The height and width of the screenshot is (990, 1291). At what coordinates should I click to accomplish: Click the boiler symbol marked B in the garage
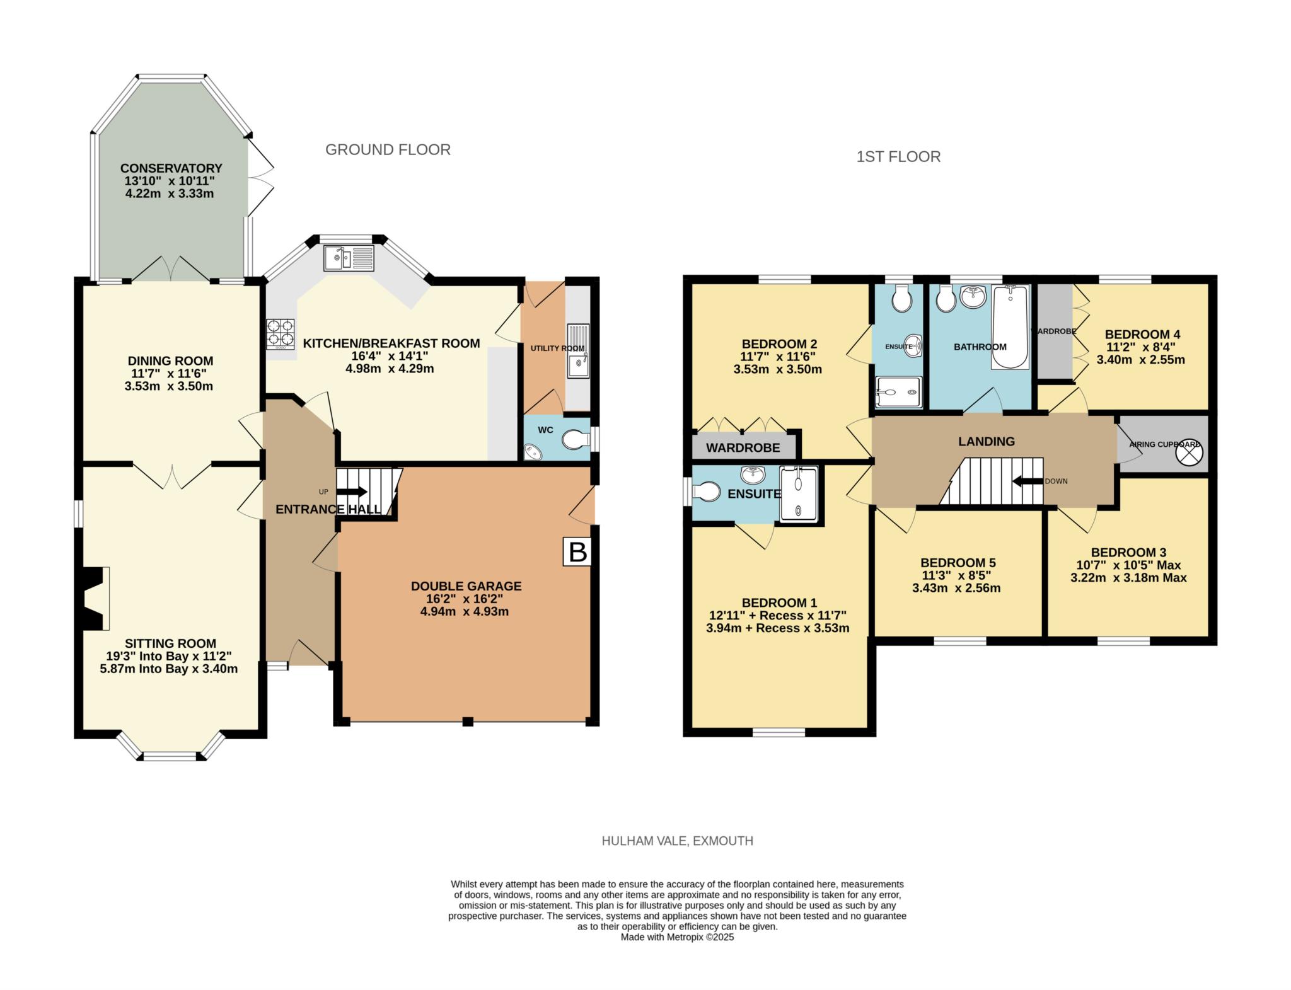[577, 552]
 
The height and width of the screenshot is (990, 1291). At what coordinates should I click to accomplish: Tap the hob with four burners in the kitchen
[281, 334]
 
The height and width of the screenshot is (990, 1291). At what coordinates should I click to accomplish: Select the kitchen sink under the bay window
[349, 258]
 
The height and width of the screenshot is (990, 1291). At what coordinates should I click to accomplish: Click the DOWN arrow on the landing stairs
[1027, 481]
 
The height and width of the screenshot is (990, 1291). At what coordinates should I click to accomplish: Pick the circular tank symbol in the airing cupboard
[1190, 452]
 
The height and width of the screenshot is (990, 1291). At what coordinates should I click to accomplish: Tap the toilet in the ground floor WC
[575, 439]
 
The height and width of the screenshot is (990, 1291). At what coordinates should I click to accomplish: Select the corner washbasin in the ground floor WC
[533, 451]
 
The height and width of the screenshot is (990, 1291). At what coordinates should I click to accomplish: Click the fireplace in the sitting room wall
[93, 598]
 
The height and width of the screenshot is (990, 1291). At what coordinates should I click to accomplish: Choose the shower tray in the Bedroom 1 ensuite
[799, 494]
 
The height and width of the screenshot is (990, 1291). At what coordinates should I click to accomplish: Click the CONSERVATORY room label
[171, 168]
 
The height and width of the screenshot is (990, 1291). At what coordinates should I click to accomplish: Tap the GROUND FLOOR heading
[388, 149]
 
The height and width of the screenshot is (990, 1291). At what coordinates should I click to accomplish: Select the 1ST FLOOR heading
[898, 156]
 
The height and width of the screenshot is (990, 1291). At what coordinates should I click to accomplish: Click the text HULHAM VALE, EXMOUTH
[677, 841]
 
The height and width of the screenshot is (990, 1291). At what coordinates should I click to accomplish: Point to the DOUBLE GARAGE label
[466, 586]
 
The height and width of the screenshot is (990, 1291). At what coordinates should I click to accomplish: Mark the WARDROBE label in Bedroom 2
[743, 448]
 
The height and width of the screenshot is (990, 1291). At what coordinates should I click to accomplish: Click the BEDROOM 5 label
[958, 563]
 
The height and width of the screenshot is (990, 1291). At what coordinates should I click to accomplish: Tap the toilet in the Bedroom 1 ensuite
[706, 492]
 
